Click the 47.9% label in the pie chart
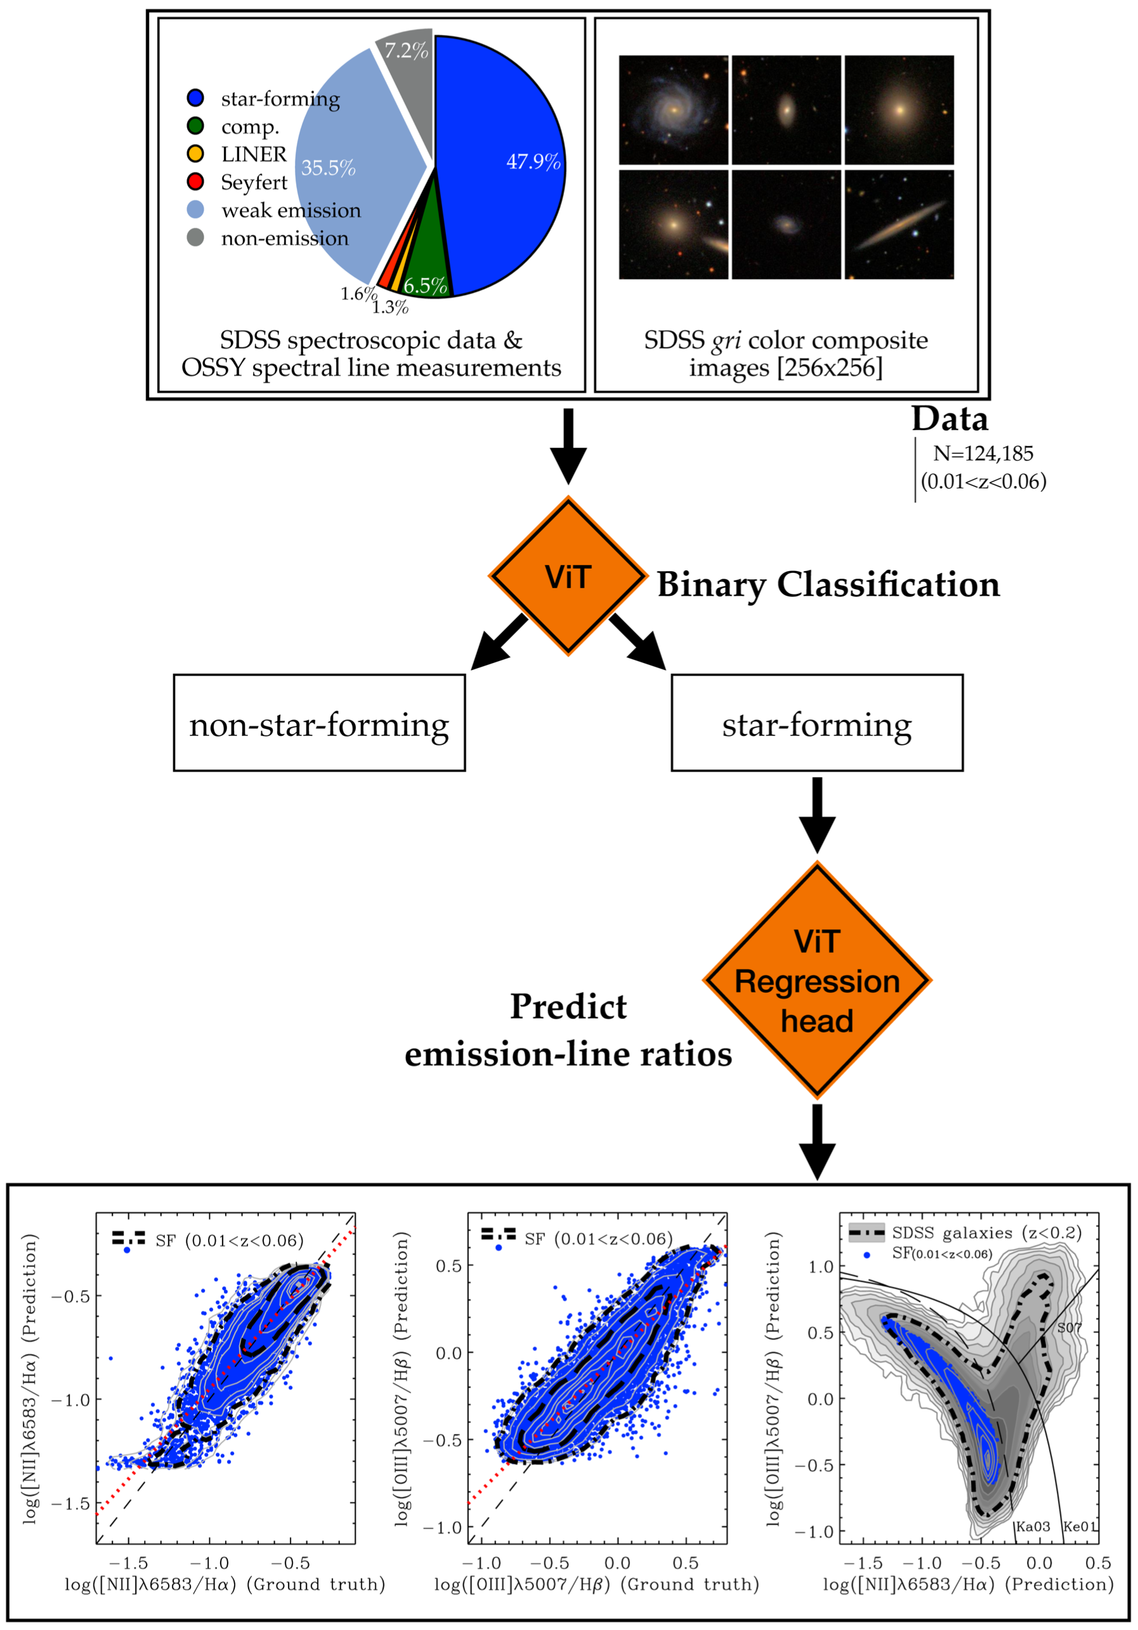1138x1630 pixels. pyautogui.click(x=533, y=162)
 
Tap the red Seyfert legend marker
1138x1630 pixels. pyautogui.click(x=195, y=181)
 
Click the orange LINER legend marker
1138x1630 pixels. pyautogui.click(x=195, y=154)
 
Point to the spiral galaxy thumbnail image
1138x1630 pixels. pyautogui.click(x=673, y=110)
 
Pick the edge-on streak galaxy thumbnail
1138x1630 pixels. pyautogui.click(x=899, y=225)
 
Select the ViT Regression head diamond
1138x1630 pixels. pyautogui.click(x=816, y=981)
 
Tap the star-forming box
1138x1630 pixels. pyautogui.click(x=816, y=723)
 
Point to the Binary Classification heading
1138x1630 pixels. pyautogui.click(x=828, y=584)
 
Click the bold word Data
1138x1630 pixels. pyautogui.click(x=949, y=419)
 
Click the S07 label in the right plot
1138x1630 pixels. pyautogui.click(x=1069, y=1327)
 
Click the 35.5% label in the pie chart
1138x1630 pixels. pyautogui.click(x=328, y=168)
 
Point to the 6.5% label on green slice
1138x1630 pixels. pyautogui.click(x=425, y=286)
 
